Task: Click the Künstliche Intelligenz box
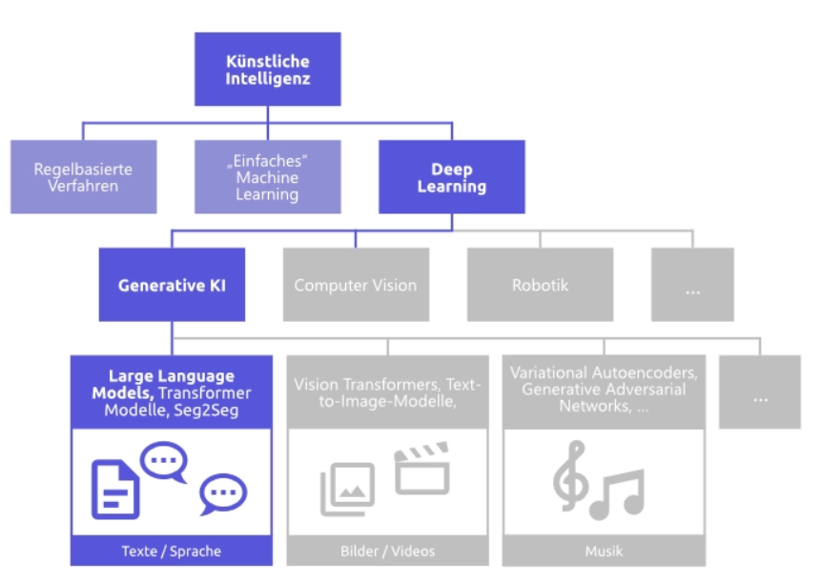(268, 70)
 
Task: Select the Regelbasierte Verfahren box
(83, 177)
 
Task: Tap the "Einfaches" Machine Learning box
(267, 177)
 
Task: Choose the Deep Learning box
(451, 177)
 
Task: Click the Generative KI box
(172, 285)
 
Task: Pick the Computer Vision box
(355, 285)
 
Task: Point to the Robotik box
(541, 285)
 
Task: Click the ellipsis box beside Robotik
(692, 285)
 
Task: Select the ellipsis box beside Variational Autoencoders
(759, 392)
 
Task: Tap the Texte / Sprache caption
(172, 552)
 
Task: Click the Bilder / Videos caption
(387, 552)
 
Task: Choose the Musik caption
(604, 552)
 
